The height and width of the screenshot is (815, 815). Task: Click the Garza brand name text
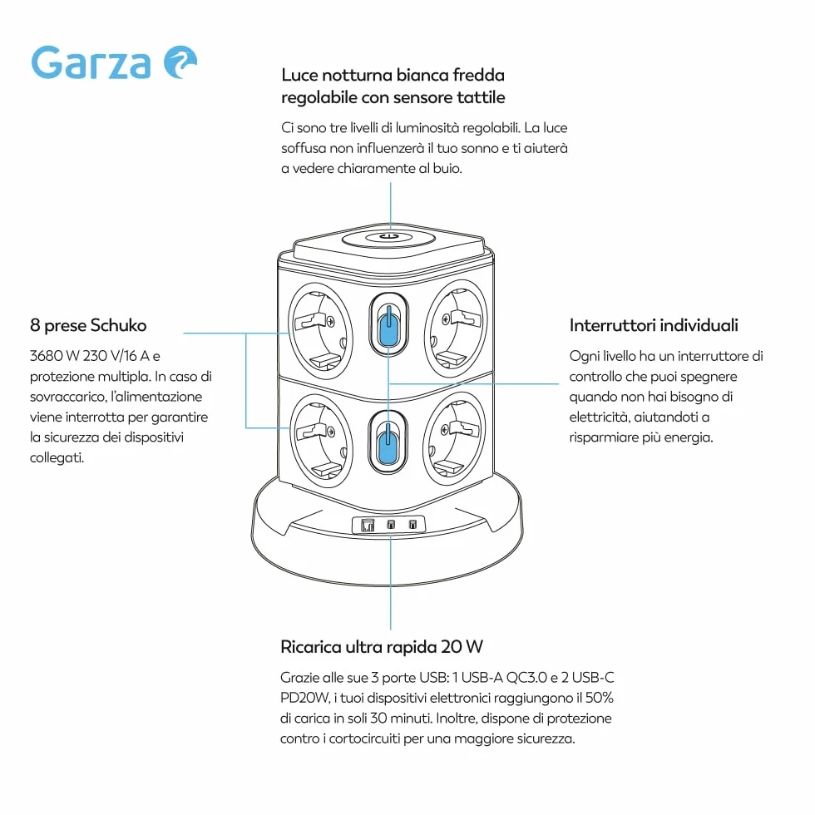pos(91,62)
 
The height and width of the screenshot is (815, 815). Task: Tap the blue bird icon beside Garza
pos(180,62)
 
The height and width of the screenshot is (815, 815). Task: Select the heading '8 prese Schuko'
pos(88,325)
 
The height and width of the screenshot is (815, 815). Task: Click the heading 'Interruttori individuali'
pos(654,325)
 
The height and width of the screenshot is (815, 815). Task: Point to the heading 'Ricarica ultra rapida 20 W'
pos(382,647)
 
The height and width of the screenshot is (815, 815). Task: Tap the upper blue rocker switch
pos(389,326)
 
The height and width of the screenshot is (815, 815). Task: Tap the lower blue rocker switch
pos(388,442)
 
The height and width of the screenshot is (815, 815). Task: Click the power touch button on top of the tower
pos(388,238)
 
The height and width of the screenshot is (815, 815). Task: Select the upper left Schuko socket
pos(320,331)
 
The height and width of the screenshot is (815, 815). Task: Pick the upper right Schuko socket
pos(457,328)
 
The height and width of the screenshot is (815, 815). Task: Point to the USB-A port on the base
pos(368,526)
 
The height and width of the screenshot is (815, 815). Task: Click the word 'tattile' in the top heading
pos(481,97)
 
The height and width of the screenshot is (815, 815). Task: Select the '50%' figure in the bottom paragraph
pos(600,698)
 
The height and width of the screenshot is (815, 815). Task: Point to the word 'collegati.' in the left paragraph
pos(57,458)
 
